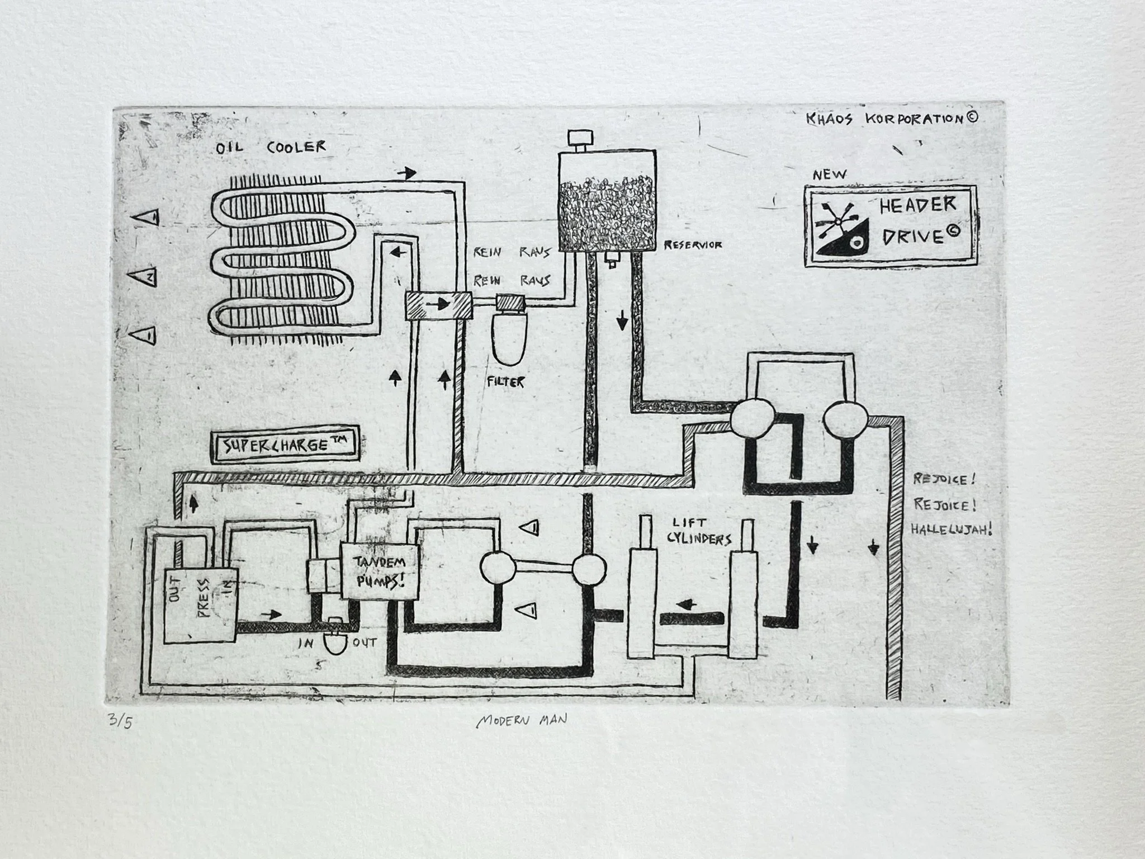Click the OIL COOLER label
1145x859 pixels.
271,148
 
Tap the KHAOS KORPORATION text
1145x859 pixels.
892,119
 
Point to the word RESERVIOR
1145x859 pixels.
692,245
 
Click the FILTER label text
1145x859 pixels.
506,383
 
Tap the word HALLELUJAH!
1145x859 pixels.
951,530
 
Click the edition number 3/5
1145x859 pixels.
121,723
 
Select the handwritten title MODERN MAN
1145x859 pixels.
521,721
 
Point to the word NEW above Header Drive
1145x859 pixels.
829,174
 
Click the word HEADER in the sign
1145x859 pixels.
917,205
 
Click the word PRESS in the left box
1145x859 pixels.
202,597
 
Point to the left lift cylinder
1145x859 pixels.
641,603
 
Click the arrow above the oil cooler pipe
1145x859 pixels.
407,173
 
